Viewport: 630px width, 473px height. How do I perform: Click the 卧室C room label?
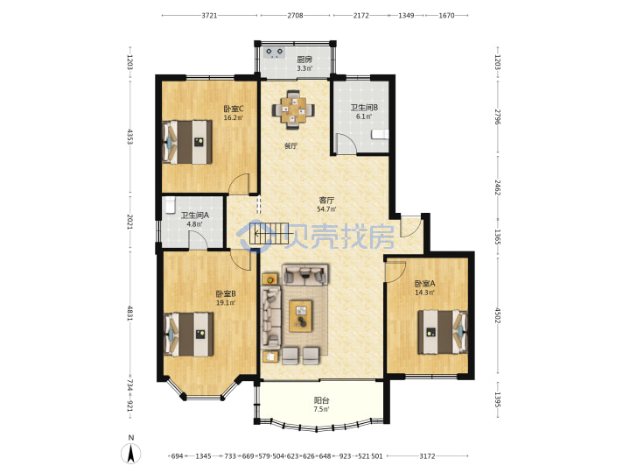point(234,109)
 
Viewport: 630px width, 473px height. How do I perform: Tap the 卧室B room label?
point(226,294)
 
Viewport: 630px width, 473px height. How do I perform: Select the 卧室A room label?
point(424,284)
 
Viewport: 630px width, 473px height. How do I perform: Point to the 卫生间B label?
point(364,108)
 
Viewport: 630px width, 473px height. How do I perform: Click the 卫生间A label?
point(194,215)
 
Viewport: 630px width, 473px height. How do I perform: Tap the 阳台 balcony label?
point(321,400)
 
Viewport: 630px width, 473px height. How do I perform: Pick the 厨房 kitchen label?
point(304,60)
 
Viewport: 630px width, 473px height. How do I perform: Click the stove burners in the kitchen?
point(275,53)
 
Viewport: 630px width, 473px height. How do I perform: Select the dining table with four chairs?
point(293,109)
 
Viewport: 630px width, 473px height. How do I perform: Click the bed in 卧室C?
point(187,142)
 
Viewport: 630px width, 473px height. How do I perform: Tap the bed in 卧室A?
point(443,332)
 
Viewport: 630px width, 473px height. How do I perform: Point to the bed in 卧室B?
point(189,335)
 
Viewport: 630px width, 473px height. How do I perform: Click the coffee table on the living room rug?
point(301,315)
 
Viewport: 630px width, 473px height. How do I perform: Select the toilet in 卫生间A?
point(171,204)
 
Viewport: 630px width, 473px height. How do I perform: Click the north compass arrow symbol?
point(131,454)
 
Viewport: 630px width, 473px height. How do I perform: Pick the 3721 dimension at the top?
point(209,15)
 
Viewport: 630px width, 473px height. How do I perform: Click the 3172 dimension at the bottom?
point(427,456)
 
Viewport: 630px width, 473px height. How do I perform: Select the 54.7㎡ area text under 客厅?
point(326,208)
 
